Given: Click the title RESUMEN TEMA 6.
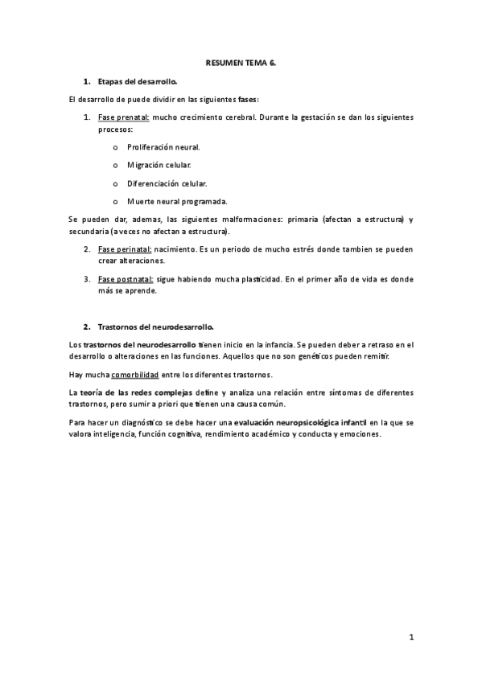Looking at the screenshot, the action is (x=241, y=62).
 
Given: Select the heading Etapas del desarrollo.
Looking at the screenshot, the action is (x=138, y=82).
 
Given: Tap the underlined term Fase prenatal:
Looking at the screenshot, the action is (x=123, y=117).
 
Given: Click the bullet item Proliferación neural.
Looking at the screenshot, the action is (x=163, y=148).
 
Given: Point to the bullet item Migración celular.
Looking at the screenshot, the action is (x=159, y=166).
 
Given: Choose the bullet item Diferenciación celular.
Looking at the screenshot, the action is (x=167, y=183).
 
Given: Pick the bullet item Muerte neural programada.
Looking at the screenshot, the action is (x=177, y=201).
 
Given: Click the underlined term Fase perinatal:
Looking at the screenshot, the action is (x=125, y=249).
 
